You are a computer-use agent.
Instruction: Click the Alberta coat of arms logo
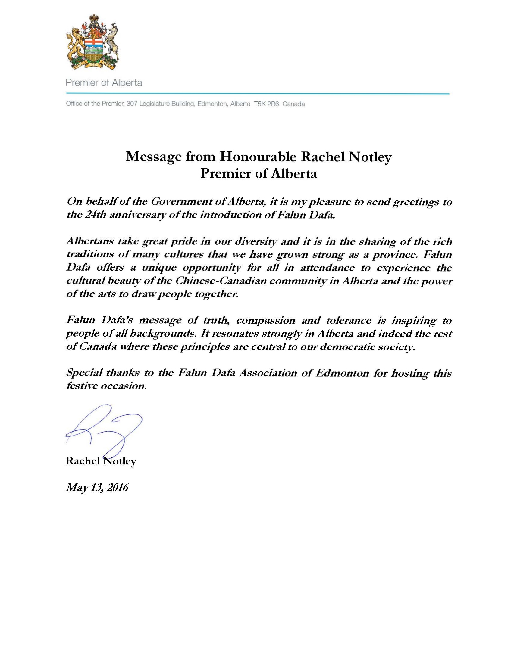pyautogui.click(x=92, y=42)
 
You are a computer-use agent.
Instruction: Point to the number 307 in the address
pyautogui.click(x=132, y=104)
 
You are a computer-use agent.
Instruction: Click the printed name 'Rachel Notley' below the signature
pyautogui.click(x=101, y=461)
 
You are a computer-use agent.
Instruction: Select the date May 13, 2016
pyautogui.click(x=97, y=488)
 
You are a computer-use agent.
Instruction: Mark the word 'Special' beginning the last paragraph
pyautogui.click(x=84, y=373)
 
